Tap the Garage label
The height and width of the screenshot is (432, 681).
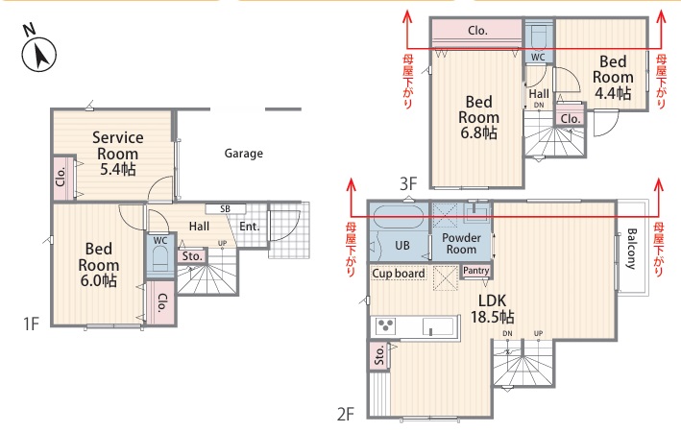click(244, 154)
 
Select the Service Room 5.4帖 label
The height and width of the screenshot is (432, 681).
click(118, 154)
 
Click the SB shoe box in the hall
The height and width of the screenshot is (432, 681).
click(226, 209)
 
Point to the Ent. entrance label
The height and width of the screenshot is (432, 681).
click(250, 227)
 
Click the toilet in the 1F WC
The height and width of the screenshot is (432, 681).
click(159, 258)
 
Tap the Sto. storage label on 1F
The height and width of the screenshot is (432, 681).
click(192, 256)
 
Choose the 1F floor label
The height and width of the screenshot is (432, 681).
click(32, 324)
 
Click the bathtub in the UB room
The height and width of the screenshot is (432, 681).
click(399, 216)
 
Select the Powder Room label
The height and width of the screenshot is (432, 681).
click(461, 244)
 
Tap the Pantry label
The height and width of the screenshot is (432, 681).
click(476, 271)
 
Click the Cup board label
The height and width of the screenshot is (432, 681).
click(399, 274)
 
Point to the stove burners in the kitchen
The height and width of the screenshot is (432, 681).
click(386, 325)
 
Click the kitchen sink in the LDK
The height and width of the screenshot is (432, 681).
click(438, 326)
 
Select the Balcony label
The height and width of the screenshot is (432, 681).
click(631, 249)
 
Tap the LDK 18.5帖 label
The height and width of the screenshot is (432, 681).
click(492, 308)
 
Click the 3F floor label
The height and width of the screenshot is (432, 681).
click(408, 184)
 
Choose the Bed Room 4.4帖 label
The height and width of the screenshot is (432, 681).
click(613, 78)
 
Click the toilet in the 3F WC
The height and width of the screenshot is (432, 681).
click(539, 36)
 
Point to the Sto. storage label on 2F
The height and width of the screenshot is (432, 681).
click(379, 355)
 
